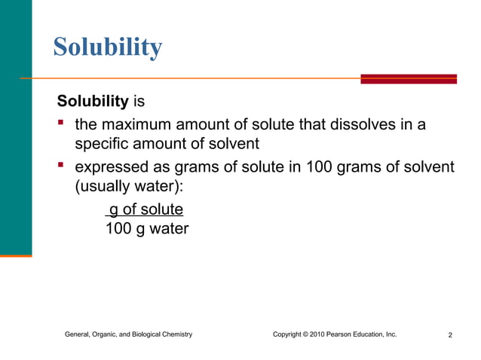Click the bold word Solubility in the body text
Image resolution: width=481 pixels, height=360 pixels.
coord(93,100)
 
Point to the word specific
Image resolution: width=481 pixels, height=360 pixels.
coord(102,144)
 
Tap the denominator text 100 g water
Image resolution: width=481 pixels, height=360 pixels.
coord(146,228)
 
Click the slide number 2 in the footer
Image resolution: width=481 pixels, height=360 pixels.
coord(450,334)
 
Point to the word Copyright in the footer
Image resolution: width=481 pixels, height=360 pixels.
coord(289,334)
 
